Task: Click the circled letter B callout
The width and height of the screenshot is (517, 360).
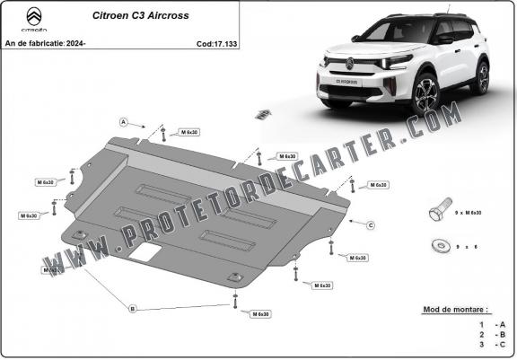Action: pyautogui.click(x=132, y=309)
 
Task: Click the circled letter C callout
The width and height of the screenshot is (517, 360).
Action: pyautogui.click(x=370, y=224)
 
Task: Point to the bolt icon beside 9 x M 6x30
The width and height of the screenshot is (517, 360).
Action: pyautogui.click(x=437, y=212)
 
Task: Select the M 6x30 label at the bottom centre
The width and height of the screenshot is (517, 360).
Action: pyautogui.click(x=260, y=314)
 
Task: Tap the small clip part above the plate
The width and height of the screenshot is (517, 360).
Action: pyautogui.click(x=263, y=113)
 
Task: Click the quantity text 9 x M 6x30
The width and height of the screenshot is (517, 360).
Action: pyautogui.click(x=469, y=213)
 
